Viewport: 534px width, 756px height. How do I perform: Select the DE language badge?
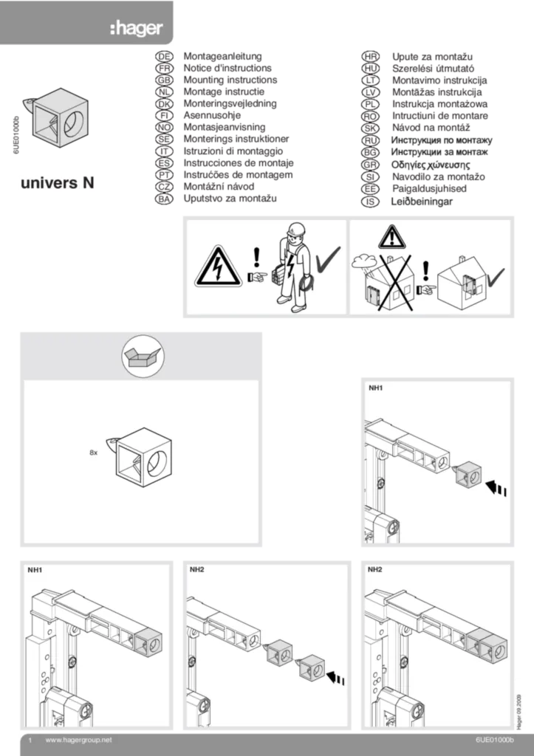[165, 56]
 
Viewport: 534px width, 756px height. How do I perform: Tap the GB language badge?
[165, 80]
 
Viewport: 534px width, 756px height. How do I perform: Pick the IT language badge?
[165, 151]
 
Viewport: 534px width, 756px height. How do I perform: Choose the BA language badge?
[165, 199]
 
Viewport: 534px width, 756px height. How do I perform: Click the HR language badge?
[371, 56]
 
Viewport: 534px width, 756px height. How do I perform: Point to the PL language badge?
[371, 104]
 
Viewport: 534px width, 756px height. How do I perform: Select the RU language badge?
[371, 140]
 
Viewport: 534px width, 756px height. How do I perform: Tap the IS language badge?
[371, 201]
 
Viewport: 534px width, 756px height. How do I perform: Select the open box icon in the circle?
[142, 360]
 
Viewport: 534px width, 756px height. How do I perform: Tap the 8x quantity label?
[93, 450]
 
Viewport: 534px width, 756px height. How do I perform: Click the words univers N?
[56, 182]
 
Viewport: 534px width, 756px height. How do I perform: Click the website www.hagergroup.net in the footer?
[78, 739]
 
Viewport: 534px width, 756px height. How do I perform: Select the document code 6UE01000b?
[494, 739]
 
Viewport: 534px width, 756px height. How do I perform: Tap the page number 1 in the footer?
[30, 739]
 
